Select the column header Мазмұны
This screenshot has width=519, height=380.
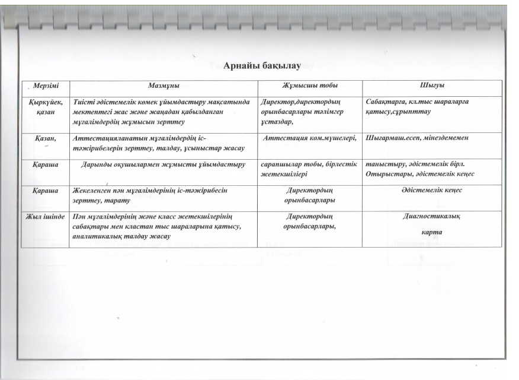click(x=164, y=87)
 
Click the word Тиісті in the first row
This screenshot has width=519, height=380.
click(x=83, y=102)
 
